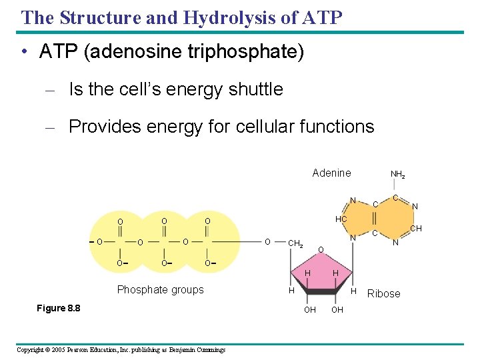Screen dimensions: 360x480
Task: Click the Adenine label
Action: (x=331, y=173)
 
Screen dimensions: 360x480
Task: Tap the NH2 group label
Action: (x=397, y=175)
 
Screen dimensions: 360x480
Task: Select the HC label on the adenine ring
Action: (x=341, y=219)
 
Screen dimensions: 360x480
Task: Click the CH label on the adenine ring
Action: (x=416, y=229)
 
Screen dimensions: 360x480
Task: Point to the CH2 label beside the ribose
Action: (x=295, y=243)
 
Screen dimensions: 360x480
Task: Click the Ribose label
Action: (x=384, y=293)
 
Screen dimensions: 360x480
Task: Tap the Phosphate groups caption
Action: (x=160, y=289)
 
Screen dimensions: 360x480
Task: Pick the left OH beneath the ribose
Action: (x=310, y=309)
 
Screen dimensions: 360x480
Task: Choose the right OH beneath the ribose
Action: (x=337, y=309)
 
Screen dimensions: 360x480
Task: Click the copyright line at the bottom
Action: (x=121, y=349)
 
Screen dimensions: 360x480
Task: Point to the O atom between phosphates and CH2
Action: (x=267, y=241)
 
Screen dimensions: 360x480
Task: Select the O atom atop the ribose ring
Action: (x=321, y=250)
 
